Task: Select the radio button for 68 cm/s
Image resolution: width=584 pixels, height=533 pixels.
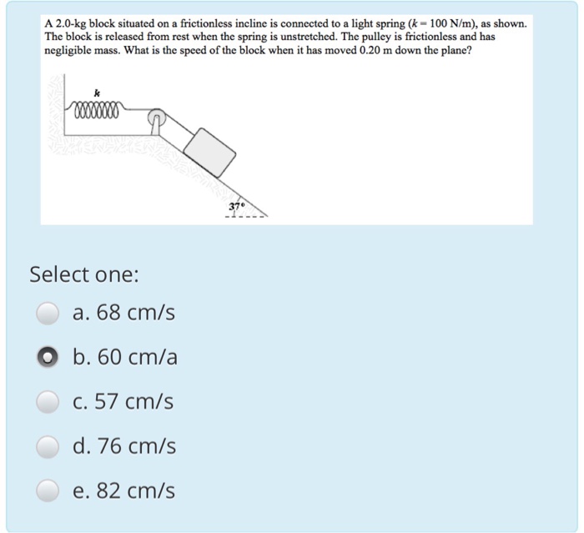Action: pos(48,313)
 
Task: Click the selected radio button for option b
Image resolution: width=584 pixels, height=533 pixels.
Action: pos(48,357)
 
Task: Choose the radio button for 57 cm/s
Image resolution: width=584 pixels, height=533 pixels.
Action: pos(48,402)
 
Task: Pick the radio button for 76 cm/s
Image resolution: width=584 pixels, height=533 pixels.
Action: pos(48,446)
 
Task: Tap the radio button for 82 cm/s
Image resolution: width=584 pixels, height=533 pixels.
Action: pos(48,490)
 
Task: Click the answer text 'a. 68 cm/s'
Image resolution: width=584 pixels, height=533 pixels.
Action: pos(123,312)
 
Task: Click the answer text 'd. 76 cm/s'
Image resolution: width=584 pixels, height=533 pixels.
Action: pos(124,446)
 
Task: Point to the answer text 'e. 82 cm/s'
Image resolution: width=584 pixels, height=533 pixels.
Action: pos(123,490)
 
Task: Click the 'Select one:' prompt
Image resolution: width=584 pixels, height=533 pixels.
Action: pos(84,275)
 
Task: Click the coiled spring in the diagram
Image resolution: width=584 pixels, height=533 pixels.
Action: pos(98,110)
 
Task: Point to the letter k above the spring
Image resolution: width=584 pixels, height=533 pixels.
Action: pos(98,93)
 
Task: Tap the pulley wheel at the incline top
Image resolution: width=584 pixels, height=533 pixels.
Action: pos(156,118)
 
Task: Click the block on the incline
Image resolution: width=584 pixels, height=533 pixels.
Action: pos(209,153)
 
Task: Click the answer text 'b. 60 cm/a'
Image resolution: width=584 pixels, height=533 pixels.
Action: pos(125,357)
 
